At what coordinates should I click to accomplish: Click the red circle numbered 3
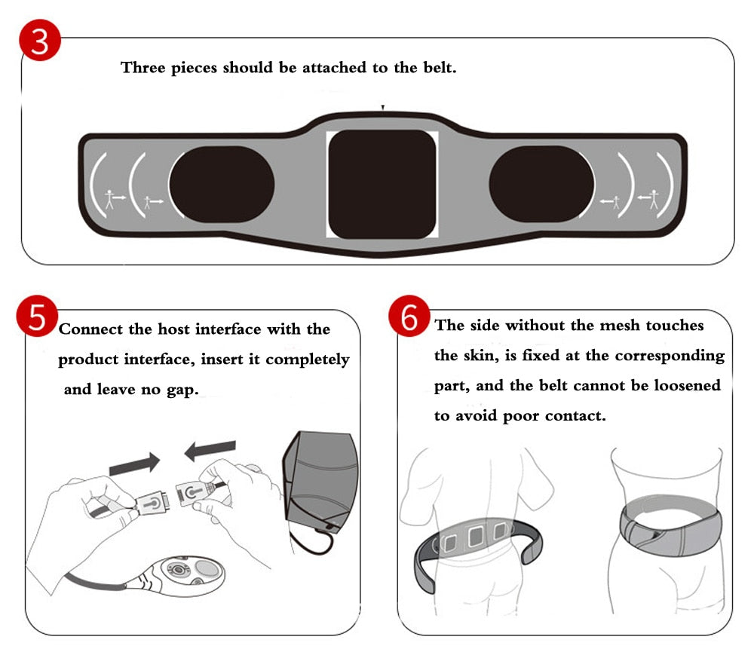[40, 41]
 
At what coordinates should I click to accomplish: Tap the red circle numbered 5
[37, 316]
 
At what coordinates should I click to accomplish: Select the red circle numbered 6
[409, 316]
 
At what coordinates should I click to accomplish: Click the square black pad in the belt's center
[382, 184]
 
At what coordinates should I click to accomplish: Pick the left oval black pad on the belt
[222, 185]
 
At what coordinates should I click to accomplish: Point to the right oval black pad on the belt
[541, 185]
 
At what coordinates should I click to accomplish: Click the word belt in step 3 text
[439, 67]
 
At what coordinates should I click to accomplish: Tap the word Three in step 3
[143, 67]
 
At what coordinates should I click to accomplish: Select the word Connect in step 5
[91, 329]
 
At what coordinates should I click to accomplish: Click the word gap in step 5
[182, 390]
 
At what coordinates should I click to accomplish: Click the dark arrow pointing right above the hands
[135, 464]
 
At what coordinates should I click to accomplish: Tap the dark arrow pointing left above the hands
[210, 451]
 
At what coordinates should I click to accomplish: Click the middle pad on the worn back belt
[476, 535]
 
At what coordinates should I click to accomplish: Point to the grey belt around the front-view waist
[671, 528]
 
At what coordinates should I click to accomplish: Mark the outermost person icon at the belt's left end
[110, 199]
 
